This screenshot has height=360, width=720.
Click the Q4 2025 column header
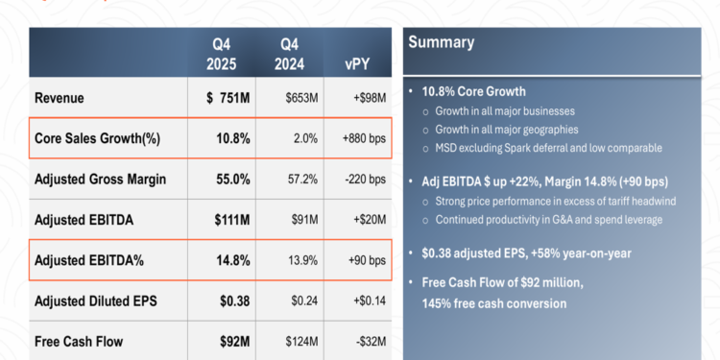pos(230,53)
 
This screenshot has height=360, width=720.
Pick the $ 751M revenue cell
pos(228,98)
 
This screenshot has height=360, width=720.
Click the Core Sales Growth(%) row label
pos(97,138)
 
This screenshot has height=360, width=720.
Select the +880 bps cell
pos(364,138)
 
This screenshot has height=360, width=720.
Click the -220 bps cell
pos(364,179)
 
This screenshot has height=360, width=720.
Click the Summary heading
pos(442,41)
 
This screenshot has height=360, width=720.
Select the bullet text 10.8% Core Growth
pos(472,91)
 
